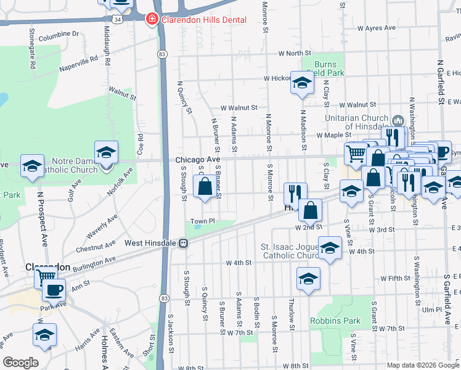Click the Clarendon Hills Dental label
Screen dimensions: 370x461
click(204, 20)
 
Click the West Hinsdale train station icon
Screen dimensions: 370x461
click(183, 244)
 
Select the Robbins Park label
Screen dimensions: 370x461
click(335, 321)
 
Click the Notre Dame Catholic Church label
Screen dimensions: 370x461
click(67, 165)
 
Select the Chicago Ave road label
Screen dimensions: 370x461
click(197, 160)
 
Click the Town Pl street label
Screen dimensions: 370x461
click(202, 221)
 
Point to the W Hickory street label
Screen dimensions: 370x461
click(277, 78)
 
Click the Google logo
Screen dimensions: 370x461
click(20, 363)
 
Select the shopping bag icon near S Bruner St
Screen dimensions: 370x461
click(205, 186)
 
